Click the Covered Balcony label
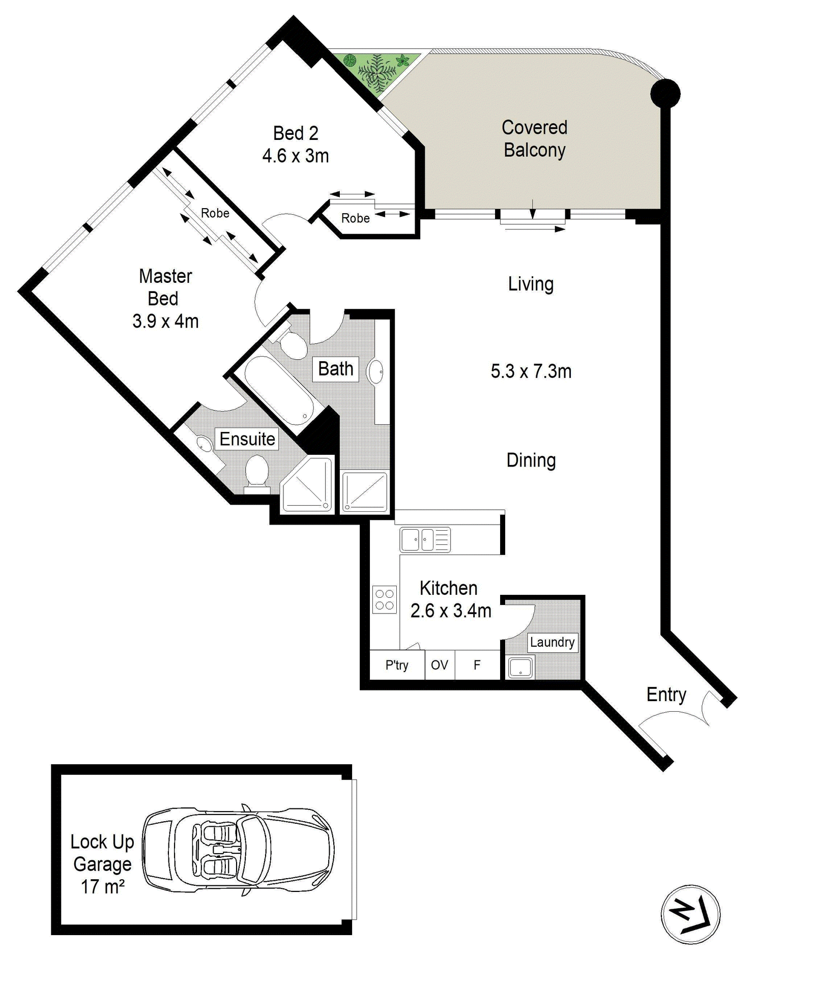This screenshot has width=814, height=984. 534,139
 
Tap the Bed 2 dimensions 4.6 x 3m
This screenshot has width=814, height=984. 296,156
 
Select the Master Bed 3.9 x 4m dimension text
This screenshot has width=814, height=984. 165,322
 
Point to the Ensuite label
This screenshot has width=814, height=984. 247,439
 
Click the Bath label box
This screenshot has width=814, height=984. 335,368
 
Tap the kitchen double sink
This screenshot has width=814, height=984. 425,540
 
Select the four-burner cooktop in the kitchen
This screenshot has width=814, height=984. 385,599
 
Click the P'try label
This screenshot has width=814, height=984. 397,665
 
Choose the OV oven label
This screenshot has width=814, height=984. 440,665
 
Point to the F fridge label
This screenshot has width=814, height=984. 477,665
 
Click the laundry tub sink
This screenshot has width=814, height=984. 520,668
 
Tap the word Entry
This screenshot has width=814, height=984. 666,694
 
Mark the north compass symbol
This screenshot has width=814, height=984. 690,914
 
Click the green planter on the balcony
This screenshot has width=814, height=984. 379,71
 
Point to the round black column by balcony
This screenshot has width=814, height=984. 665,94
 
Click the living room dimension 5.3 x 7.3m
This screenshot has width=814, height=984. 531,371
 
